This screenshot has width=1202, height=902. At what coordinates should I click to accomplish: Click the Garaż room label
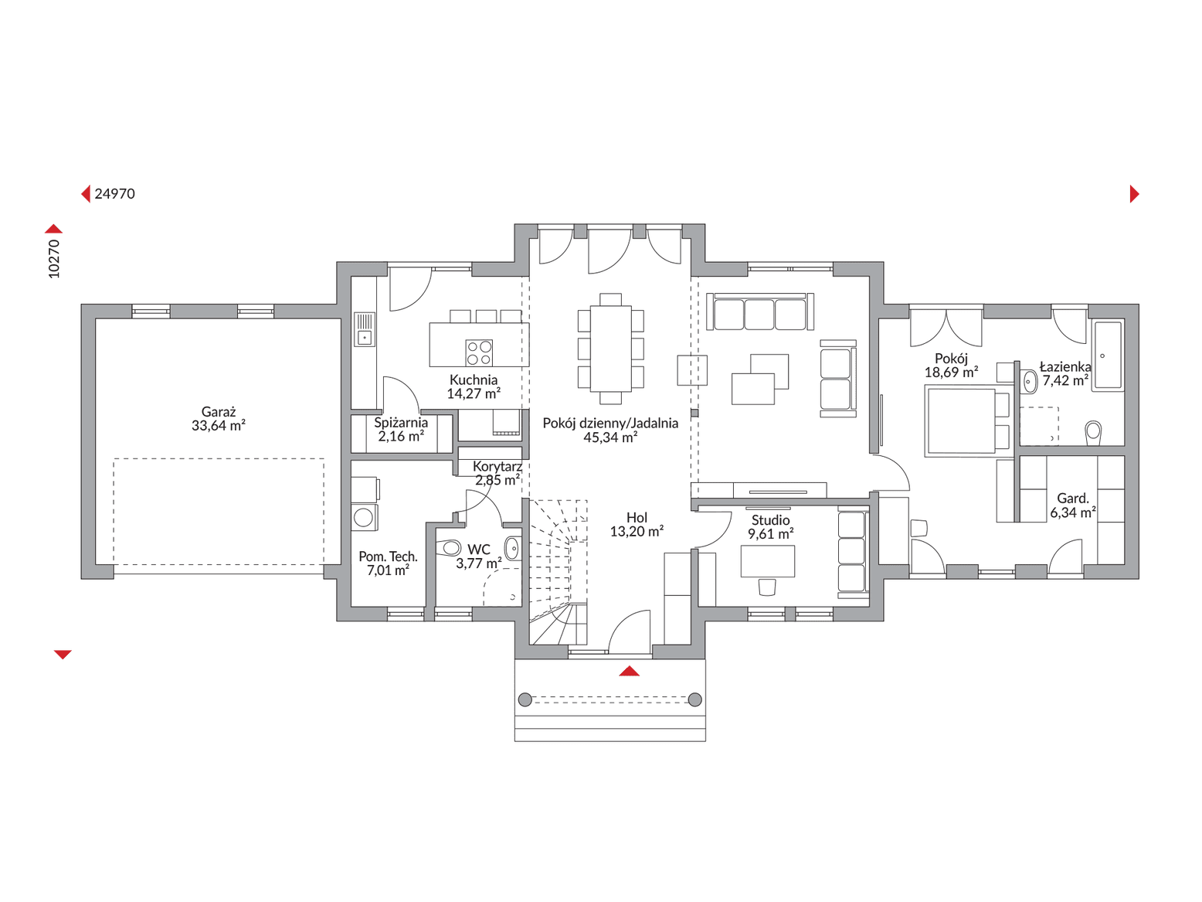(218, 412)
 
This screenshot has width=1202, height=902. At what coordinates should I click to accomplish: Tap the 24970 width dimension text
(114, 194)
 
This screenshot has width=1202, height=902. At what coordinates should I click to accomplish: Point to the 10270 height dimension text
(53, 259)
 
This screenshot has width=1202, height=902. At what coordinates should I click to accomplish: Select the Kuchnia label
(473, 380)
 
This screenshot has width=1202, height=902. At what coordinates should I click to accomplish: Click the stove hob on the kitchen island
(479, 352)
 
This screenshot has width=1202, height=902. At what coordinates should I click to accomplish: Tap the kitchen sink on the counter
(365, 329)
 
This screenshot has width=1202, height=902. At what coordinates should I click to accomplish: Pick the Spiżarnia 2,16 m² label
(401, 430)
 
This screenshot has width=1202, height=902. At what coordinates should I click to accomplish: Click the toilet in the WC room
(449, 548)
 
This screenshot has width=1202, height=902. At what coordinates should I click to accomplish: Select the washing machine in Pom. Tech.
(364, 517)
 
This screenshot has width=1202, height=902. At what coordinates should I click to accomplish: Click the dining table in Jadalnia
(610, 349)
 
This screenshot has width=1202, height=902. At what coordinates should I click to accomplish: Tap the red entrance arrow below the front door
(630, 671)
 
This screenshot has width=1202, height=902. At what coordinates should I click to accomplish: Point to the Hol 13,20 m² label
(637, 524)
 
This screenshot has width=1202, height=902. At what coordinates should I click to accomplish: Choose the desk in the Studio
(767, 561)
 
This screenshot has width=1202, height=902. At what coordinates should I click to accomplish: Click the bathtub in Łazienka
(1107, 356)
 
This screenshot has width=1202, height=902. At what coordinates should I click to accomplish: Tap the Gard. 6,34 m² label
(1073, 505)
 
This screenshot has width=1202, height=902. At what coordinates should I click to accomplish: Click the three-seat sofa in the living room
(759, 311)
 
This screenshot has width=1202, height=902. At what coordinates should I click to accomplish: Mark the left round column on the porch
(525, 699)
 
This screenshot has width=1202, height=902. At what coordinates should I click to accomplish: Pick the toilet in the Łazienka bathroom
(1093, 433)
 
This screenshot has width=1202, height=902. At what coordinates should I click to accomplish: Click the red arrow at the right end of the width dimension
(1134, 194)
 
